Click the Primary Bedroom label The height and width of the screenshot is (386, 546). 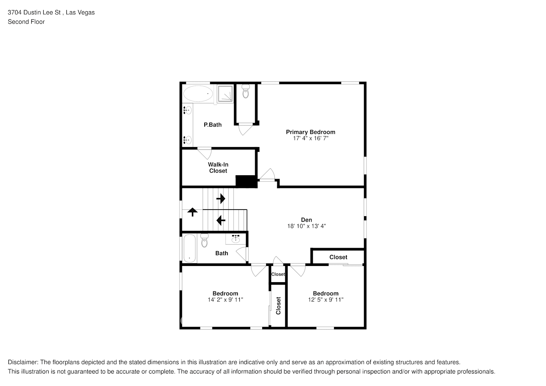click(x=310, y=132)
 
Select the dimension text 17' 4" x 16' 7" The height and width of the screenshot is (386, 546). click(x=310, y=138)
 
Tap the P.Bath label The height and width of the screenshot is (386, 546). click(x=213, y=125)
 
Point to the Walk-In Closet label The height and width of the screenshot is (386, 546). click(x=218, y=168)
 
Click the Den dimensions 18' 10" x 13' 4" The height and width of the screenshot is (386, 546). click(x=307, y=226)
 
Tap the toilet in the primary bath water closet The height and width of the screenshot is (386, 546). click(x=246, y=92)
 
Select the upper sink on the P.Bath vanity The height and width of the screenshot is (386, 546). click(x=187, y=110)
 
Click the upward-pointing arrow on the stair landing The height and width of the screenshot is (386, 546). click(x=192, y=212)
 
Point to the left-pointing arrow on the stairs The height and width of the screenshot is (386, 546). click(x=220, y=220)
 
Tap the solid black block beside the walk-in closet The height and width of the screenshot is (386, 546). click(x=246, y=181)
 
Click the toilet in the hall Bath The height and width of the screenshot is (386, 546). click(x=204, y=240)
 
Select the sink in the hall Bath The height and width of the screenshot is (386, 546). click(x=236, y=239)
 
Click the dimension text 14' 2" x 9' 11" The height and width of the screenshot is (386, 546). click(x=225, y=300)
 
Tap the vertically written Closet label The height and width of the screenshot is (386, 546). click(x=278, y=305)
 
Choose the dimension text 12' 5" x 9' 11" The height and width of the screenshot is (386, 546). click(x=326, y=300)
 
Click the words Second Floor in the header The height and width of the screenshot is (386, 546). click(x=26, y=22)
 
